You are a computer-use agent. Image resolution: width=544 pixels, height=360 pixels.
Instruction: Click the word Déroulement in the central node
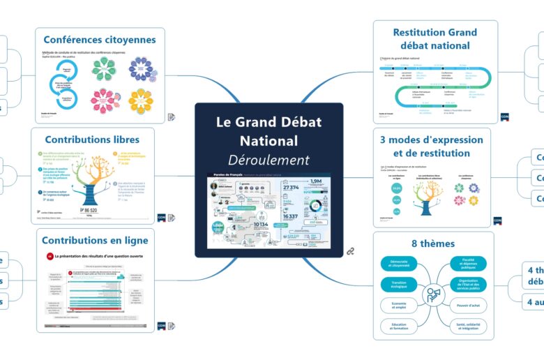[269, 160]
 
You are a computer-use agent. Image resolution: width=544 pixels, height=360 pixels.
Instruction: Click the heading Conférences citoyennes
[100, 40]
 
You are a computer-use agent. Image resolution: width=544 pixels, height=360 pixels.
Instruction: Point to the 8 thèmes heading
[433, 243]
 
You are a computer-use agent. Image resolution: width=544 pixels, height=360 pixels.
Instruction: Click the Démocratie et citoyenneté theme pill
[400, 264]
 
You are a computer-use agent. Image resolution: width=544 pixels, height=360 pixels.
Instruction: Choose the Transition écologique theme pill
[400, 285]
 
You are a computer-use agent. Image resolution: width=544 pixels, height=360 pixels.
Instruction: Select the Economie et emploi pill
[400, 306]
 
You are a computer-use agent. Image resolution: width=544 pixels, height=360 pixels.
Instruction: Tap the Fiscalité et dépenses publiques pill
[464, 264]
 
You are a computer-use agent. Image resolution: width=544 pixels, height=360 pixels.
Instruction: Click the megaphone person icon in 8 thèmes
[433, 294]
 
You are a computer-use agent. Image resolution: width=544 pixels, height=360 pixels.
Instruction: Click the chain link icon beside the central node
[352, 250]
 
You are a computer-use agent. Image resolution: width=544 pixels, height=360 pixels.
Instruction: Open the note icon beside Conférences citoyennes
[172, 117]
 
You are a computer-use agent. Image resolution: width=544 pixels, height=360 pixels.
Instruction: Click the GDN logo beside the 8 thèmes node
[499, 336]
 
